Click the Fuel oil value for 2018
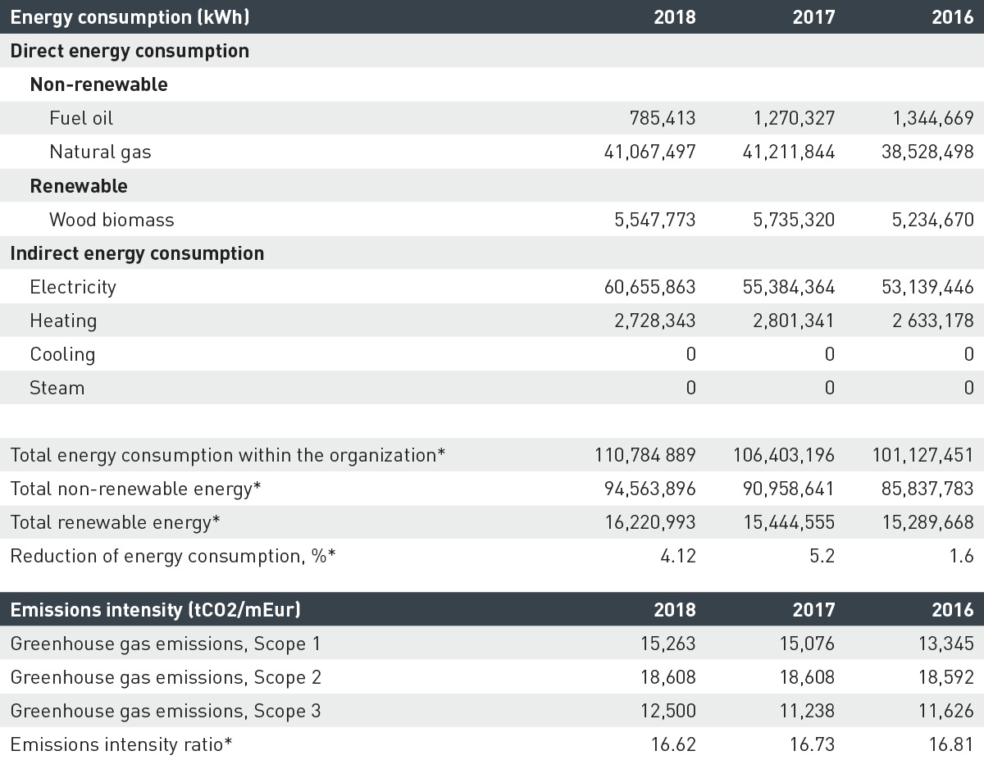663,118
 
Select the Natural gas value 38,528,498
927,152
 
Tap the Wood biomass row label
112,220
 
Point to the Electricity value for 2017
788,287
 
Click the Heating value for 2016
933,321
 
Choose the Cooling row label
62,354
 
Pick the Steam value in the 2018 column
691,388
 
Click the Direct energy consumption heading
130,51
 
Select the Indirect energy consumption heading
137,253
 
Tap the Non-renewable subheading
98,84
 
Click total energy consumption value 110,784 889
645,455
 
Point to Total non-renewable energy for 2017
788,489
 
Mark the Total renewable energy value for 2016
928,522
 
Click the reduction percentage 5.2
822,556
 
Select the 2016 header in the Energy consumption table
952,17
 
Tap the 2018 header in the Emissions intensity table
675,610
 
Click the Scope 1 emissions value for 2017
807,644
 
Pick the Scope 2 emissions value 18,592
946,677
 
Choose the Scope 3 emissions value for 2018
668,711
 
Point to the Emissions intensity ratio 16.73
812,744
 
